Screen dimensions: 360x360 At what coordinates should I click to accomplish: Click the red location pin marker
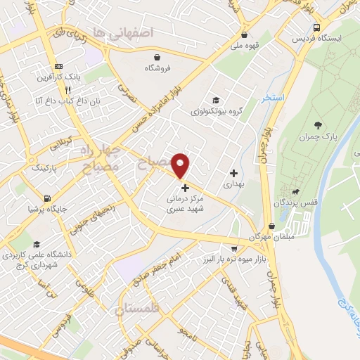click(181, 165)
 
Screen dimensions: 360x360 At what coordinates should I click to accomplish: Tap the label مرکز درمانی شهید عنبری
click(185, 203)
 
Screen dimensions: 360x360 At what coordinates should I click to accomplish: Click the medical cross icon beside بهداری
click(234, 173)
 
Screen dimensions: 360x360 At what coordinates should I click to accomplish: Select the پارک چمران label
click(318, 136)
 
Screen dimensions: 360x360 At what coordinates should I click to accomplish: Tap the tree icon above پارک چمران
click(318, 124)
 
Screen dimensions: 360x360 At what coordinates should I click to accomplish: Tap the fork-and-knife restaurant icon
click(68, 90)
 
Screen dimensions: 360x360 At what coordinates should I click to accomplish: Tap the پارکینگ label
click(45, 168)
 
